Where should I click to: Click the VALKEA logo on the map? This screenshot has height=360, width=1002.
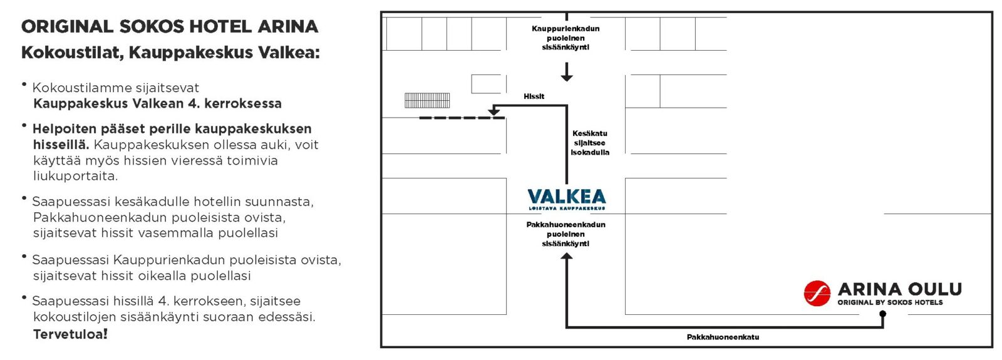[x=567, y=198]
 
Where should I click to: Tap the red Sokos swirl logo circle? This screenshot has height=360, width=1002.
[x=817, y=293]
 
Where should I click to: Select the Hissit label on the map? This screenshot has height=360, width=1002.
[x=534, y=96]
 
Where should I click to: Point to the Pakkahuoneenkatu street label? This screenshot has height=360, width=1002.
[x=723, y=337]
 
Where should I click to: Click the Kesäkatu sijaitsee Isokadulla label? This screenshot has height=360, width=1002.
[x=590, y=143]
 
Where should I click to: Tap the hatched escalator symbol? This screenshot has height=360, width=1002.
[x=427, y=100]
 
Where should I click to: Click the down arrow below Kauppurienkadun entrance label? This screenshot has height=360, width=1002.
[x=567, y=74]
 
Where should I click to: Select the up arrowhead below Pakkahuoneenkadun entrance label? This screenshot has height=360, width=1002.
[x=567, y=257]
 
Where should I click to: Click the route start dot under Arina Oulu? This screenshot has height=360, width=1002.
[x=882, y=315]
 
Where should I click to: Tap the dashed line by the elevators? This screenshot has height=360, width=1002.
[x=462, y=118]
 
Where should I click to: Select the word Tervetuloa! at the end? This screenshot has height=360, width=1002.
[x=70, y=334]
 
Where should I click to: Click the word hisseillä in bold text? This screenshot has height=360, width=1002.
[x=61, y=145]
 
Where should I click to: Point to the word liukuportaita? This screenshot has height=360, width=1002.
[x=75, y=176]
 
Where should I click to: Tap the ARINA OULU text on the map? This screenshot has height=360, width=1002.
[x=899, y=289]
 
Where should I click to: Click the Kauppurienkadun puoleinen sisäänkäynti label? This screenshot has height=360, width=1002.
[x=566, y=38]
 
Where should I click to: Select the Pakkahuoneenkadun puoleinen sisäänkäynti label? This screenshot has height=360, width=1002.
[x=566, y=234]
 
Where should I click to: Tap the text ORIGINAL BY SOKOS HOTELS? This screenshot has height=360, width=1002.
[x=890, y=302]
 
